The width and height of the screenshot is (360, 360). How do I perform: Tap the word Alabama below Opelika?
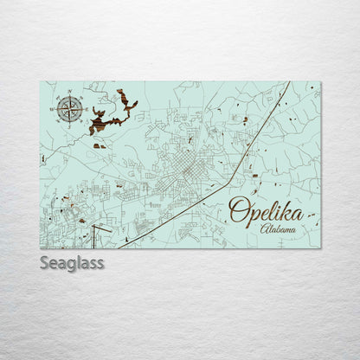(278, 229)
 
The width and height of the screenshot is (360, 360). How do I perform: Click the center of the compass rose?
(70, 109)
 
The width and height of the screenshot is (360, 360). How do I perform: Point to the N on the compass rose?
(70, 96)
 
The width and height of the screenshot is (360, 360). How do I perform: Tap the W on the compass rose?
(57, 109)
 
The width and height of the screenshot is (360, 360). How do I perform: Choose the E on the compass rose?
(83, 109)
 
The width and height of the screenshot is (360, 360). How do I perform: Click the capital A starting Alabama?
(264, 228)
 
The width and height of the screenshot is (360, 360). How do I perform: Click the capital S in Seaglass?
(44, 262)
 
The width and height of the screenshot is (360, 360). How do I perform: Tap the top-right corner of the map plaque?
(320, 82)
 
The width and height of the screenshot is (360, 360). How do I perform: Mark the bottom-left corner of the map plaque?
(40, 248)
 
